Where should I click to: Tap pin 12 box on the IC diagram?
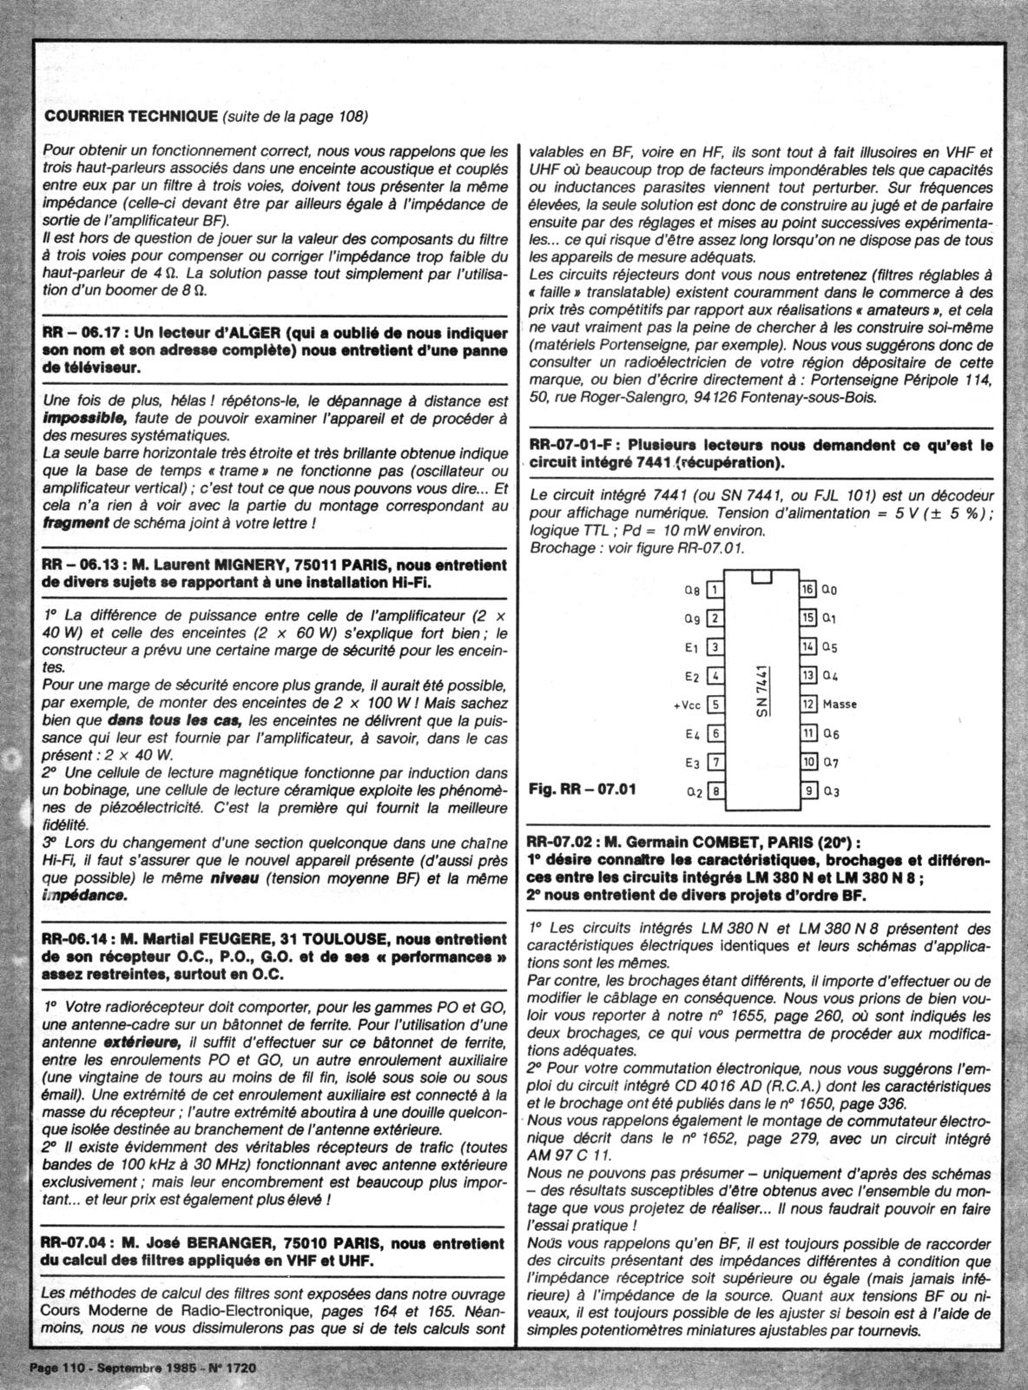coord(808,704)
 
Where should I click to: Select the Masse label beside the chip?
coord(840,704)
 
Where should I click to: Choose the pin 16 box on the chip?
coord(808,590)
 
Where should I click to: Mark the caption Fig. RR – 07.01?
coord(582,790)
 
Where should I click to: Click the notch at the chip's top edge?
coord(762,577)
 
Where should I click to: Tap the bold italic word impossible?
coord(82,417)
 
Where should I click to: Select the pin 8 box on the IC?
coord(715,791)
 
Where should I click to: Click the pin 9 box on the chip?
coord(808,791)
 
